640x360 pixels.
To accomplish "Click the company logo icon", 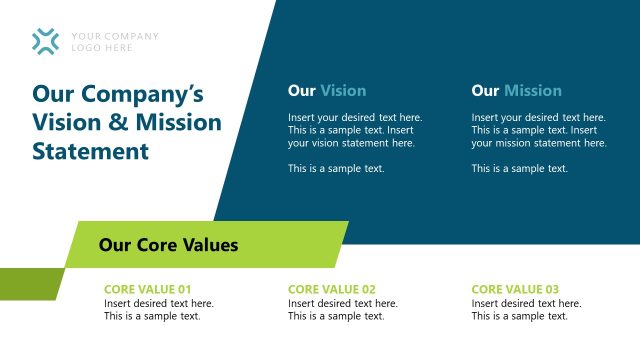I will [45, 41].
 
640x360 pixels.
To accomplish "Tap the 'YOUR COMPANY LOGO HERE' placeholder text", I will [115, 42].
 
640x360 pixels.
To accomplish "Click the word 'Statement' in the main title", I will [90, 152].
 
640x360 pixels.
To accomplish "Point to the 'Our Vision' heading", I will [327, 91].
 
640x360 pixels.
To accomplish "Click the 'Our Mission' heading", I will [516, 91].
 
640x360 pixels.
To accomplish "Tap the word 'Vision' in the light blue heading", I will [343, 91].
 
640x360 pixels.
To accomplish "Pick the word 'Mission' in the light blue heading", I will [533, 91].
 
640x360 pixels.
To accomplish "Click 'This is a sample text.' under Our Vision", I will [336, 169].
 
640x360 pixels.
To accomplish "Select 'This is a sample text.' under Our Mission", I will [520, 169].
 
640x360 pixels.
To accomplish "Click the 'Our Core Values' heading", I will [168, 245].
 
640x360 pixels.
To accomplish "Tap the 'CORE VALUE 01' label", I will [147, 290].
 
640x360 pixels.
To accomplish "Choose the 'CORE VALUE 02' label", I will [332, 290].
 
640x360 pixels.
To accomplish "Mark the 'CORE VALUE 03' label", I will [515, 290].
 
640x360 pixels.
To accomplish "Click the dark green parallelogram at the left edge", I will [30, 284].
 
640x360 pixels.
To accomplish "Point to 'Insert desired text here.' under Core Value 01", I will [159, 304].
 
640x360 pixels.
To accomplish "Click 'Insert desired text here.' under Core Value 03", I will [526, 304].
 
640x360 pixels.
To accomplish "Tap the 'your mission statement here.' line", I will [539, 143].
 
